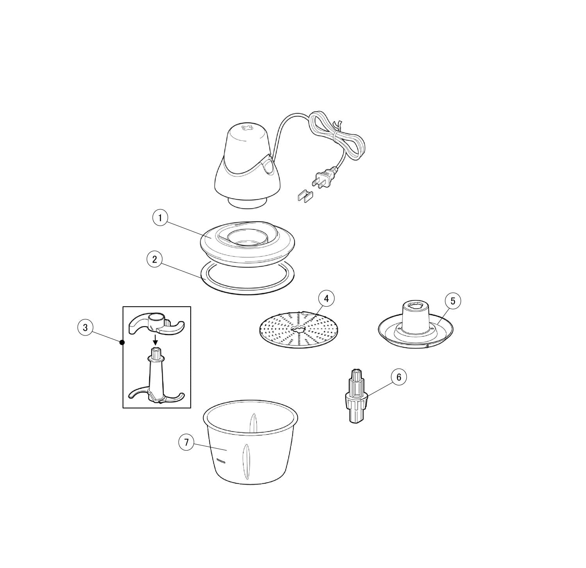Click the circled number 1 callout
[159, 218]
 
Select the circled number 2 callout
[154, 259]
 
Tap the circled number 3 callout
[85, 327]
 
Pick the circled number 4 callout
[326, 299]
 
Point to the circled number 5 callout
[453, 301]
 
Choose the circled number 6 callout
[398, 377]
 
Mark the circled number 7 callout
[186, 442]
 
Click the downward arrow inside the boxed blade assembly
[155, 339]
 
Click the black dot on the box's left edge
[122, 343]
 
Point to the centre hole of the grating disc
[297, 330]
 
